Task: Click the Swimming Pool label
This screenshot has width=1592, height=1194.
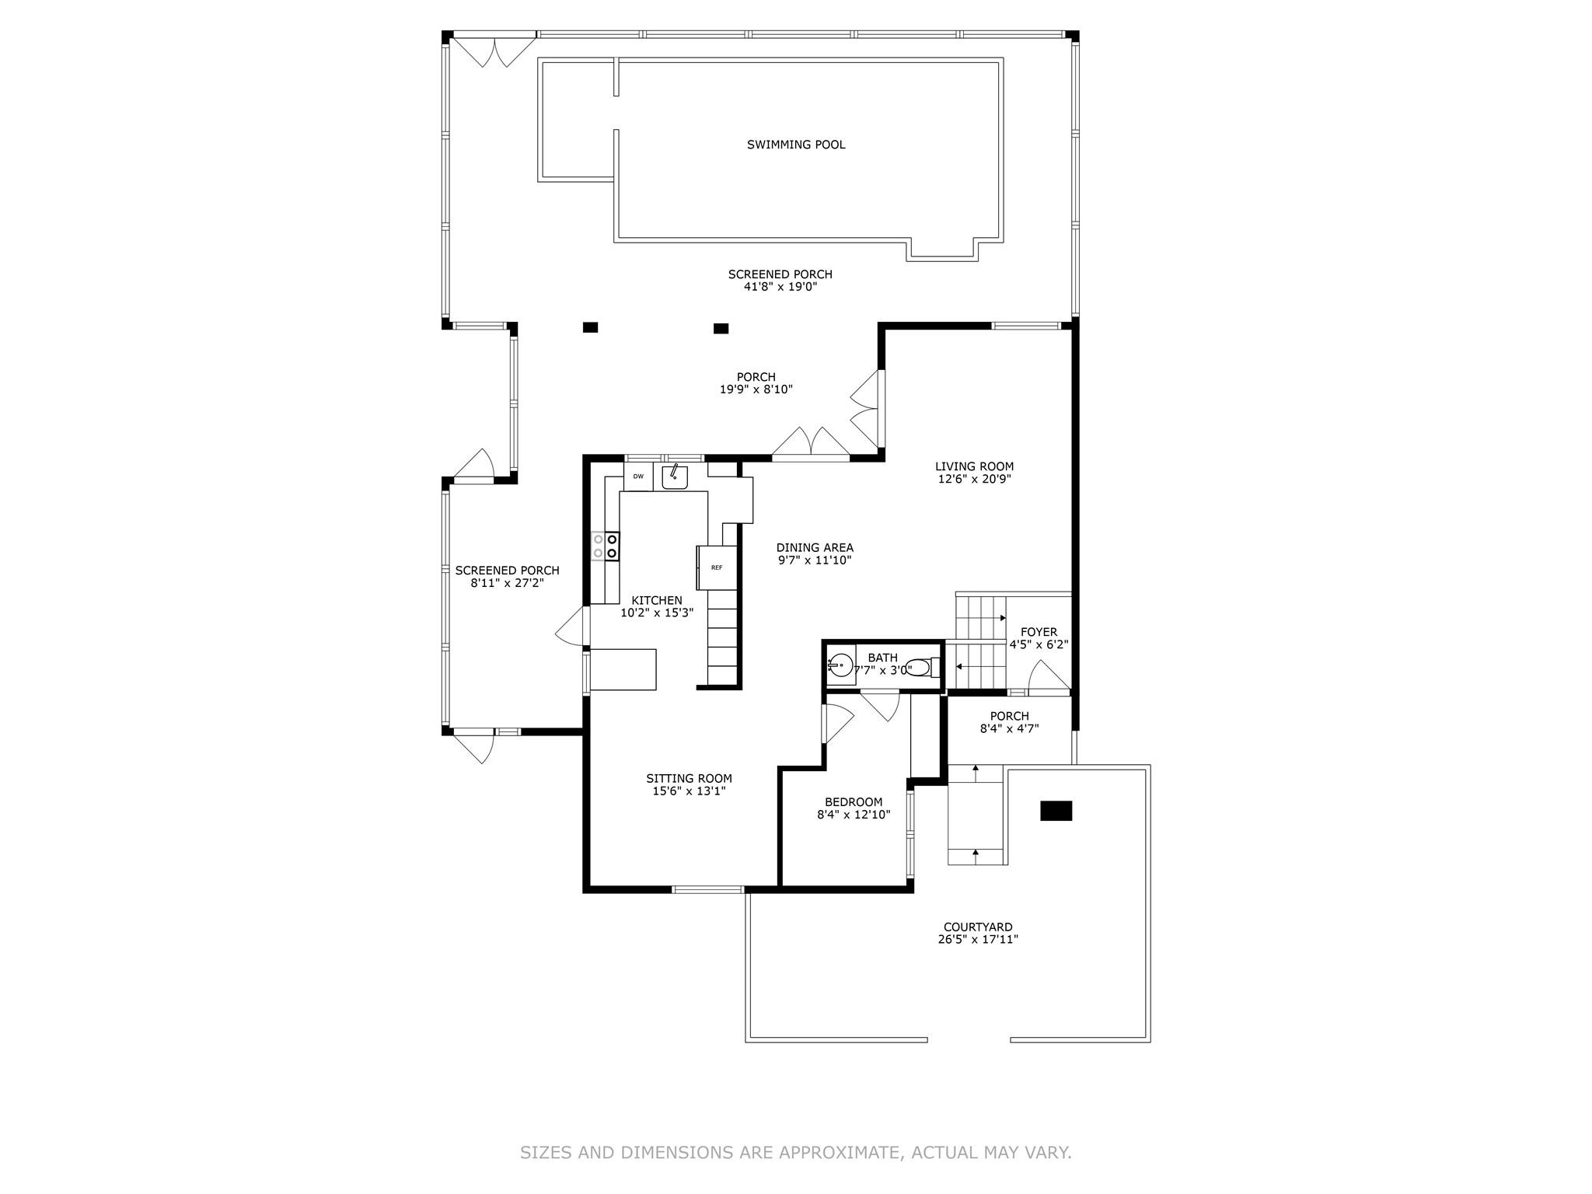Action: pyautogui.click(x=795, y=145)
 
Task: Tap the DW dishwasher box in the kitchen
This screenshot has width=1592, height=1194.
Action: pyautogui.click(x=638, y=477)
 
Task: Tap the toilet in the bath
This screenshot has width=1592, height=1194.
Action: pyautogui.click(x=922, y=668)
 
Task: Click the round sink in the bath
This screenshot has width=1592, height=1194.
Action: pyautogui.click(x=840, y=666)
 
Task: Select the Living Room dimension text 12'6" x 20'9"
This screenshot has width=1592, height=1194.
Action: pyautogui.click(x=974, y=479)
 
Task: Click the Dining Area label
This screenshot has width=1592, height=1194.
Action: pyautogui.click(x=815, y=547)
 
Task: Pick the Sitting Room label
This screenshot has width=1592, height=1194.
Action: pyautogui.click(x=689, y=778)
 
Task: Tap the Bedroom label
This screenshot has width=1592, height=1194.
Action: pyautogui.click(x=854, y=802)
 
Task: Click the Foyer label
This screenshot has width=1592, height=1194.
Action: pyautogui.click(x=1039, y=632)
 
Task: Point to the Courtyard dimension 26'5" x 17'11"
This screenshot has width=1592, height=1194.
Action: pyautogui.click(x=978, y=939)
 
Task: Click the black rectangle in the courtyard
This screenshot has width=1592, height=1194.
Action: pyautogui.click(x=1056, y=811)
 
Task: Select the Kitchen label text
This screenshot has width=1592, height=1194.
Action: pyautogui.click(x=657, y=600)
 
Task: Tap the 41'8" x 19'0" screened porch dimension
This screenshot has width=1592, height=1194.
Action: pyautogui.click(x=780, y=287)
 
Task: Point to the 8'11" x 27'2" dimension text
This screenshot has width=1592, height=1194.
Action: pyautogui.click(x=507, y=582)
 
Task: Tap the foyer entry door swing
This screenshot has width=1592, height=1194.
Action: pyautogui.click(x=1049, y=675)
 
